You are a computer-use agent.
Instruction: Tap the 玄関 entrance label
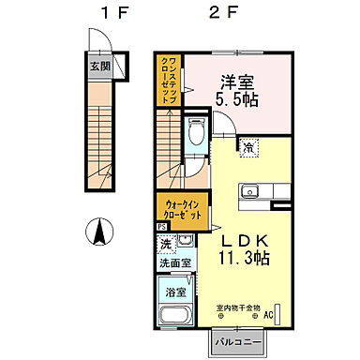pyautogui.click(x=100, y=67)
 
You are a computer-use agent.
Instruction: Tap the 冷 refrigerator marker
pyautogui.click(x=247, y=146)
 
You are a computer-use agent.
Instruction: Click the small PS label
pyautogui.click(x=161, y=226)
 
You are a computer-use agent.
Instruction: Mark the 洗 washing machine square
pyautogui.click(x=165, y=245)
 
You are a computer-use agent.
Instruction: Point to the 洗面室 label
pyautogui.click(x=174, y=263)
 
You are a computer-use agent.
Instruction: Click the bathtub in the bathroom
pyautogui.click(x=173, y=309)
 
